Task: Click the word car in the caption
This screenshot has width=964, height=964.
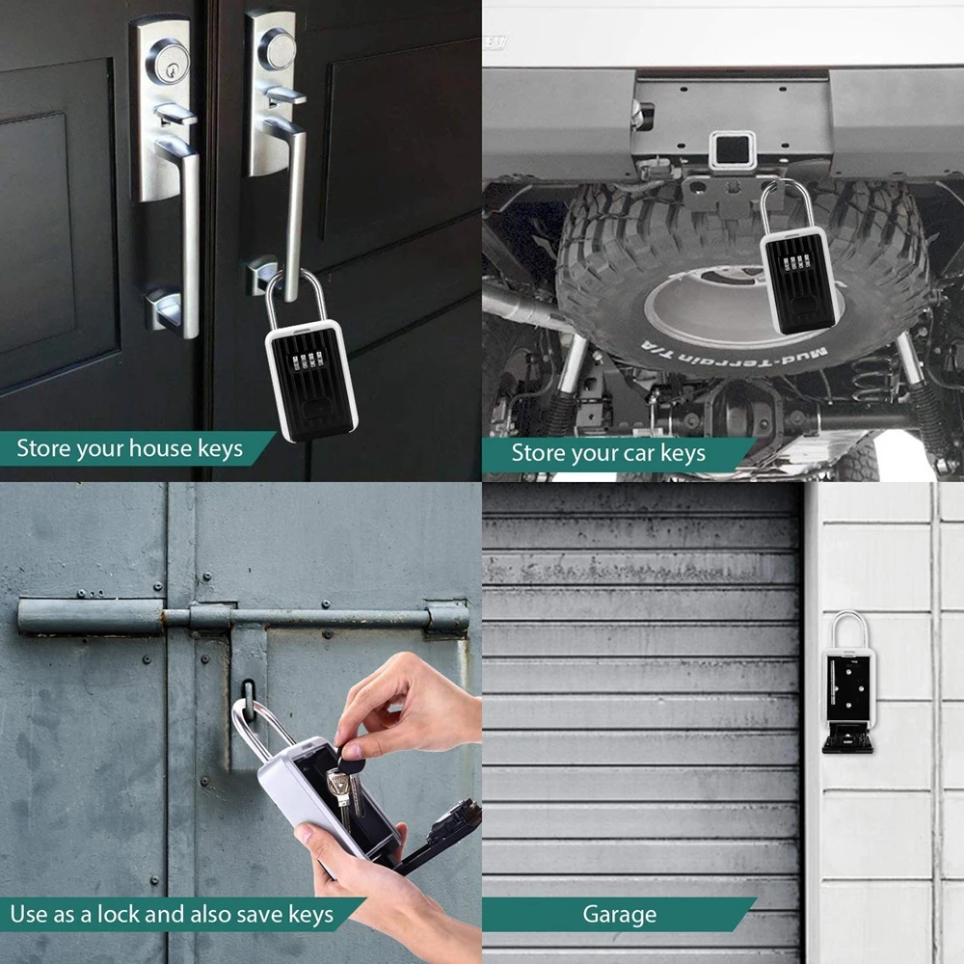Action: (636, 453)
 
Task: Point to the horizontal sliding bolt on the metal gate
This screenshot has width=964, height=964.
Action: (241, 617)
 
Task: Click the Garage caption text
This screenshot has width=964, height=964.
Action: (619, 914)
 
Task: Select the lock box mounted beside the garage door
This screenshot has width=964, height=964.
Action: (848, 684)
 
